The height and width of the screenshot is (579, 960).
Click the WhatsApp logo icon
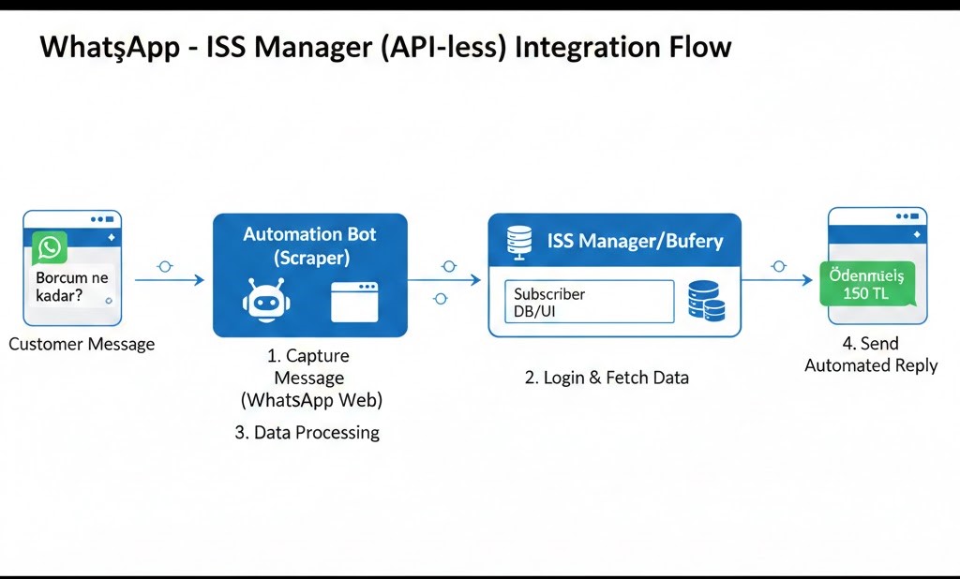49,248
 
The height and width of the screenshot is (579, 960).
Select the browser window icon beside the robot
354,302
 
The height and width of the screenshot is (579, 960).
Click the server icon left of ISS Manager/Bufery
517,242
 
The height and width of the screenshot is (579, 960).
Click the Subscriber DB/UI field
589,301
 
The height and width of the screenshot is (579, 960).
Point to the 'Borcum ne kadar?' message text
71,287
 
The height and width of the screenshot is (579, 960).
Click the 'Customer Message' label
82,344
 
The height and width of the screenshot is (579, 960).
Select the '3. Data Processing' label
307,432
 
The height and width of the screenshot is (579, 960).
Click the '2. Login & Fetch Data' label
607,378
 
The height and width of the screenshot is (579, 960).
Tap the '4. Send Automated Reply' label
871,355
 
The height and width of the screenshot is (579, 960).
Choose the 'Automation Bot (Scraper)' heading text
309,245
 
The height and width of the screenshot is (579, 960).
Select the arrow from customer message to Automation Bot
169,279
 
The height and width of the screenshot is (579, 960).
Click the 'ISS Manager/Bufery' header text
635,241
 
